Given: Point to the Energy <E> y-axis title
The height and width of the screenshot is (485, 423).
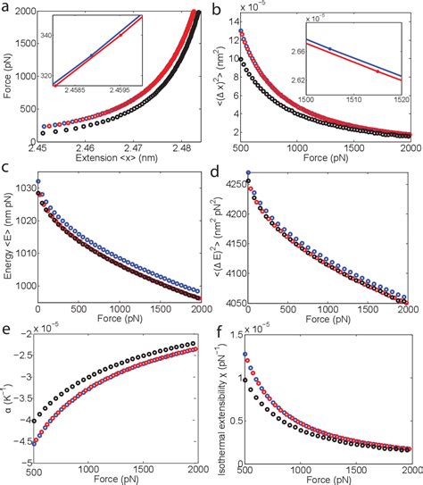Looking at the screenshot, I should (10, 237).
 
